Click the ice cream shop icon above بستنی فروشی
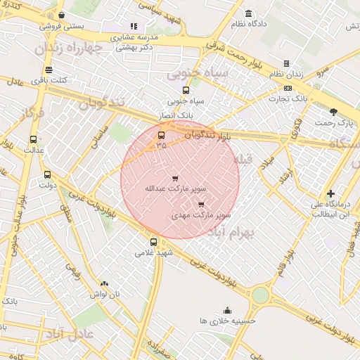[62, 15]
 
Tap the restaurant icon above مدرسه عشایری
[133, 26]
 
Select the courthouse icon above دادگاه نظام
[248, 13]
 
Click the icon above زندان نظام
[286, 64]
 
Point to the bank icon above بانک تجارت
[288, 89]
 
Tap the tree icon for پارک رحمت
[333, 112]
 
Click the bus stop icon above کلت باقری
[48, 70]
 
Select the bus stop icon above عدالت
[33, 139]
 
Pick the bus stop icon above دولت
[47, 174]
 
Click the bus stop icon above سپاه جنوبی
[186, 90]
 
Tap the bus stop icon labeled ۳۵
[162, 135]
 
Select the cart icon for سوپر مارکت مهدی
[201, 205]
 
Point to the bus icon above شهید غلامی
[153, 242]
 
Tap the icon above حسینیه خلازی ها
[227, 310]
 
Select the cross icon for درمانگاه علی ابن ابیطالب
[330, 193]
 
